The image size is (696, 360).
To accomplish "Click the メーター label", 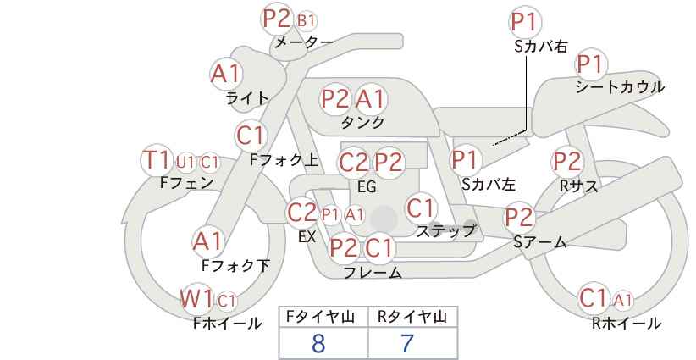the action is (x=304, y=42).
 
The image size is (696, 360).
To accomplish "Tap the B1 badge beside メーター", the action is (x=306, y=20).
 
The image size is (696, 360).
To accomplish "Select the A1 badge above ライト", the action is (x=226, y=74).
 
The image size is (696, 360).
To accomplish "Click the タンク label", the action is (x=362, y=122).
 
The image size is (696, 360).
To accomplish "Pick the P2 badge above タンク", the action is (x=335, y=98).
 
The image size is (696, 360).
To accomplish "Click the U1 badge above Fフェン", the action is (x=185, y=163).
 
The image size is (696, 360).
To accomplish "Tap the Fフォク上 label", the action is (x=284, y=160).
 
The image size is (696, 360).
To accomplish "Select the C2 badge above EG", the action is (x=353, y=163).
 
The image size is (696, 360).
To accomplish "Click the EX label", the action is (x=307, y=237).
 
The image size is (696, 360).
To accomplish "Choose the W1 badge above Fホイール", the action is (x=196, y=299).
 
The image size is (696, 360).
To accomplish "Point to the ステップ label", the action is (x=445, y=231).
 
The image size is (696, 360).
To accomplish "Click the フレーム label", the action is (x=373, y=273).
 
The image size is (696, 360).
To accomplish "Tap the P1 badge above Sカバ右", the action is (x=525, y=22).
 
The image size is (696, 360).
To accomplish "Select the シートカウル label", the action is (x=620, y=87).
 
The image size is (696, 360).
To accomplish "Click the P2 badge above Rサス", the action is (x=566, y=162).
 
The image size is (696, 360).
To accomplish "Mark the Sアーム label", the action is (x=540, y=242).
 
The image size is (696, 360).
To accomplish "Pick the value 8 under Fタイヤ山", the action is (x=318, y=343).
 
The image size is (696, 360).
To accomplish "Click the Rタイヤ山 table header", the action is (x=412, y=317).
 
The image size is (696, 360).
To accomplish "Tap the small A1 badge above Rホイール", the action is (x=623, y=301).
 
